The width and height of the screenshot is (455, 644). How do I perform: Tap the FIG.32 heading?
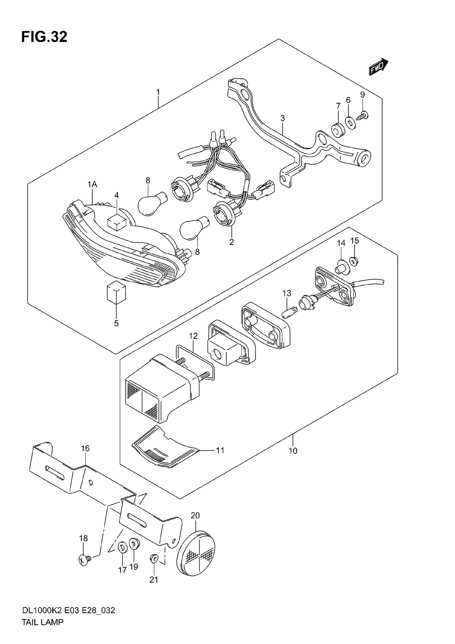pos(44,37)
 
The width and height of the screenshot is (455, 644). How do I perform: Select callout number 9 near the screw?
pos(363,95)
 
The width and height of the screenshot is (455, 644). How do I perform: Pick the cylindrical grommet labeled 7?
pos(338,130)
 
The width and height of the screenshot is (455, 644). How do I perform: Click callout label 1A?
pos(92,184)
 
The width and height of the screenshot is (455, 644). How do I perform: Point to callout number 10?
pos(293,451)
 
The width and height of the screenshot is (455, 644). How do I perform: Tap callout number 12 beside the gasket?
pos(193,336)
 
